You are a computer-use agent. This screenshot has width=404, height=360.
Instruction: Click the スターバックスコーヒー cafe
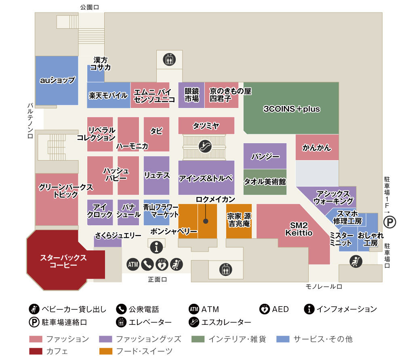click(x=63, y=261)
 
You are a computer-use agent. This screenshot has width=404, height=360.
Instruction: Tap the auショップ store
click(x=57, y=80)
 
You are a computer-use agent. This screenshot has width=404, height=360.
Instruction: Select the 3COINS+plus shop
click(x=291, y=108)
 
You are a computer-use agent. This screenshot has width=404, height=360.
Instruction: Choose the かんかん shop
click(x=317, y=148)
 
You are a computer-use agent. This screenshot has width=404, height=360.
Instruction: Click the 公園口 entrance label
click(x=90, y=7)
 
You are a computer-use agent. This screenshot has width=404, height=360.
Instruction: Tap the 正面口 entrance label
click(x=158, y=279)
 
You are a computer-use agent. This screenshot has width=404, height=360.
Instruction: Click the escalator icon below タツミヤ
click(x=205, y=146)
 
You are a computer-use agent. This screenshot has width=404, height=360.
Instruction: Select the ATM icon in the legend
click(x=194, y=309)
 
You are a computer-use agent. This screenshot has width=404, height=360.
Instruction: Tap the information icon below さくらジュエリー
click(x=157, y=246)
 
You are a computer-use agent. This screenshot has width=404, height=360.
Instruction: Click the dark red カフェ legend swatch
click(x=36, y=351)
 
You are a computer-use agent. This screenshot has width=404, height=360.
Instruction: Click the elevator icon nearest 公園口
click(x=169, y=59)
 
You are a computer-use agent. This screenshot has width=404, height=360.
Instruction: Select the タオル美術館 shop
click(x=265, y=182)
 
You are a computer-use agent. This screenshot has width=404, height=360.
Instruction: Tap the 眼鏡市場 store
click(x=192, y=95)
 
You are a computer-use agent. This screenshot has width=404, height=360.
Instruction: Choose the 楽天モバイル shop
click(x=108, y=95)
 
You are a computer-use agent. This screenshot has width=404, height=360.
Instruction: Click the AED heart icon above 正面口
click(x=162, y=265)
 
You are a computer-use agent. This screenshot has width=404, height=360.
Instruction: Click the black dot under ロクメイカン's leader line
click(x=206, y=221)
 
